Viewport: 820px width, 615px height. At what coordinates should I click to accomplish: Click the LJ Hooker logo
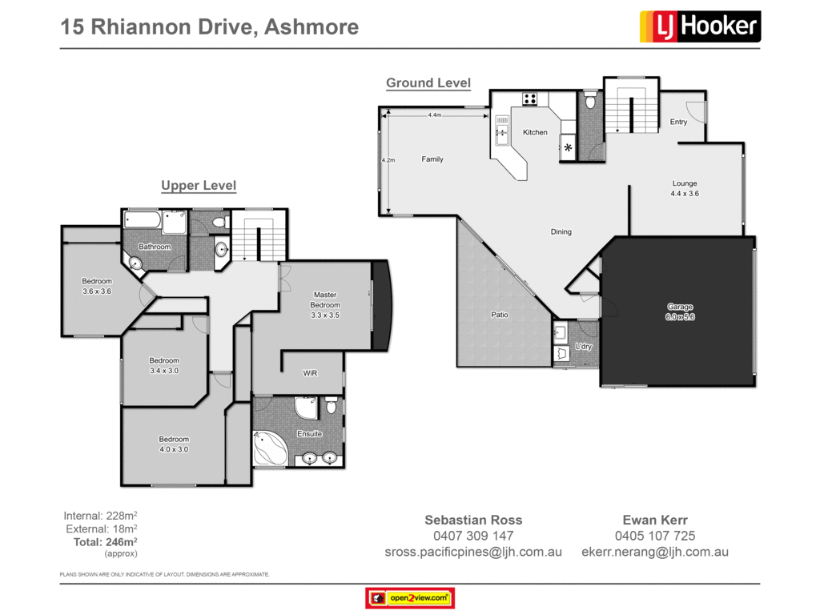click(x=700, y=26)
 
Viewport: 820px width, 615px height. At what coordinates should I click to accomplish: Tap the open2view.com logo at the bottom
click(x=410, y=597)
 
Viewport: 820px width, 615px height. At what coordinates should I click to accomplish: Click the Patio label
click(x=500, y=315)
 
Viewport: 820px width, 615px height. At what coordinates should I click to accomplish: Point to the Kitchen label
click(x=535, y=132)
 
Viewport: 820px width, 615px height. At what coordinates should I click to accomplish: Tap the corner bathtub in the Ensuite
click(x=270, y=448)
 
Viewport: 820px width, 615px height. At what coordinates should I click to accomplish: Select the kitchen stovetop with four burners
click(x=529, y=99)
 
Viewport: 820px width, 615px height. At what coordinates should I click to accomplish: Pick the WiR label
click(x=311, y=373)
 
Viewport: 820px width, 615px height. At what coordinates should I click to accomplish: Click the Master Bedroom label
click(x=325, y=299)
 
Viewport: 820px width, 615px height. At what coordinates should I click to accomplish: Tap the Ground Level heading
click(x=428, y=83)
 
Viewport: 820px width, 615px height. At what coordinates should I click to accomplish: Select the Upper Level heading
click(x=199, y=186)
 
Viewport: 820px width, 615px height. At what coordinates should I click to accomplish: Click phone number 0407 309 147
click(x=473, y=536)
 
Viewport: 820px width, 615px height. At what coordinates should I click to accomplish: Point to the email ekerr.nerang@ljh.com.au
click(x=654, y=552)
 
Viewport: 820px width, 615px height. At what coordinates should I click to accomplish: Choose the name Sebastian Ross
click(x=473, y=520)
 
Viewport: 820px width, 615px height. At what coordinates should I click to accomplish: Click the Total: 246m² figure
click(x=102, y=542)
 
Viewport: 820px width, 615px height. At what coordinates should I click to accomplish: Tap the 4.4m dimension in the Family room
click(x=435, y=115)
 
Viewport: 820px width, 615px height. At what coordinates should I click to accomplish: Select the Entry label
click(x=678, y=122)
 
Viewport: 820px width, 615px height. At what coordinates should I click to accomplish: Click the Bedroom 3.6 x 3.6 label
click(x=97, y=286)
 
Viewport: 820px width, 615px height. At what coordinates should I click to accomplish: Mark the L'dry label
click(x=584, y=346)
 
